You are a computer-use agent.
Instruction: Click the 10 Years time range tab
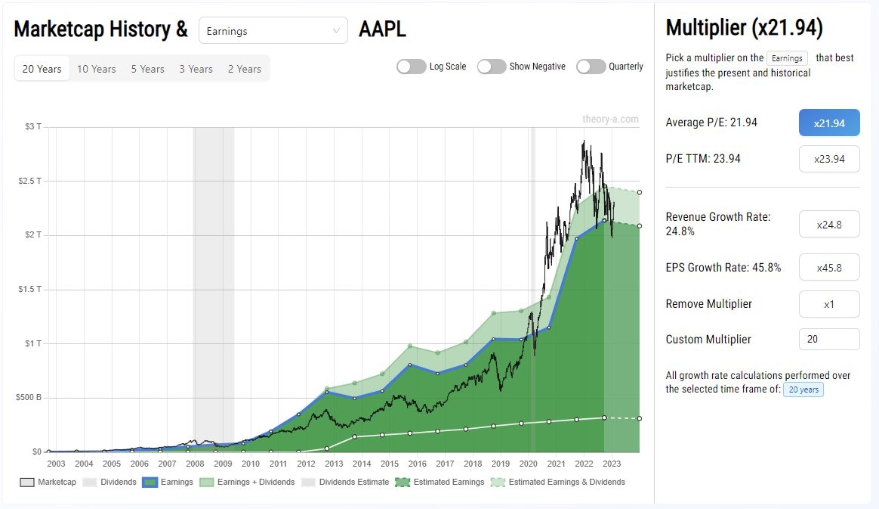click(96, 69)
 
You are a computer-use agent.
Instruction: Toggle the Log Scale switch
click(412, 67)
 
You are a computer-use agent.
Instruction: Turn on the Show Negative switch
click(492, 67)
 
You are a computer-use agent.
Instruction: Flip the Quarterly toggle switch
click(591, 67)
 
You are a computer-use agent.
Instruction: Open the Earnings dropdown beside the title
click(273, 31)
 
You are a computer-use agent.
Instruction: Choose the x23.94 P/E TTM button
click(828, 159)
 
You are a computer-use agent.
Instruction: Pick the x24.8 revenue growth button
click(828, 225)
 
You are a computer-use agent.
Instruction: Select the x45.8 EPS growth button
click(828, 268)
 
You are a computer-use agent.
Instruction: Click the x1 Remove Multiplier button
click(828, 304)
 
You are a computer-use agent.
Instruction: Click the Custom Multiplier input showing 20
click(828, 340)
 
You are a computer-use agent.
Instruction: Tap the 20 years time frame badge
click(802, 390)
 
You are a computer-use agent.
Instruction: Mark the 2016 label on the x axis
click(417, 464)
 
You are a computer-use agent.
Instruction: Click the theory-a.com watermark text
click(610, 119)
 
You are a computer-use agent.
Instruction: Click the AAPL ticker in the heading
click(382, 29)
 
